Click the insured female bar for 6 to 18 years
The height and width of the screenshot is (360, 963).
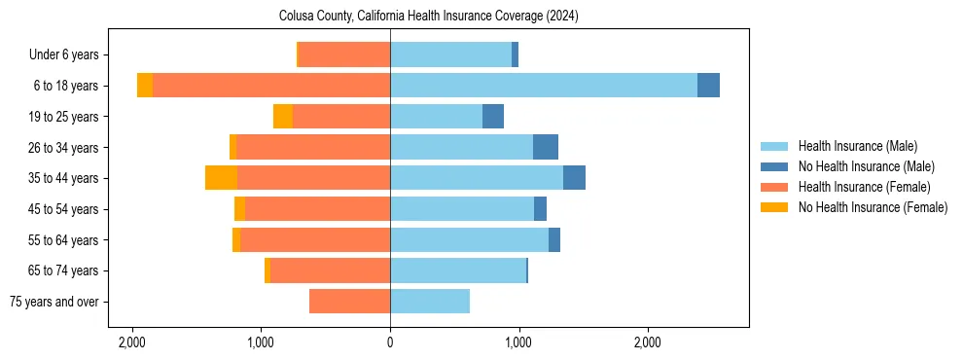(271, 86)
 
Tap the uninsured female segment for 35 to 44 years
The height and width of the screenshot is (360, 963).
(221, 178)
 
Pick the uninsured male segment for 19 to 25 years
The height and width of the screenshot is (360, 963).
(493, 117)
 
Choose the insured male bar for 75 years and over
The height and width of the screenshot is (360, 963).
(430, 302)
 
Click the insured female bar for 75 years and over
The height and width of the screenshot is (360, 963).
(349, 302)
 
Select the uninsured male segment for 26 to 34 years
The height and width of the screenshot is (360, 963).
(546, 147)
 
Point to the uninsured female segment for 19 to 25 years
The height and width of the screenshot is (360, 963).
(283, 117)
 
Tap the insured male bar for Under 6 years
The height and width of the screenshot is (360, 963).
(450, 54)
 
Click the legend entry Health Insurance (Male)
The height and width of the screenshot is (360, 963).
(857, 146)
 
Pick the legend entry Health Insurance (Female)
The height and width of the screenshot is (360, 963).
(864, 187)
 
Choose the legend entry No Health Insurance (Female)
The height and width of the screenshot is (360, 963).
(872, 207)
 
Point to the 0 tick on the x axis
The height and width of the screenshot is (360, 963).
(390, 342)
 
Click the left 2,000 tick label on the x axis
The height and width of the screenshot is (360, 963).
(132, 342)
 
